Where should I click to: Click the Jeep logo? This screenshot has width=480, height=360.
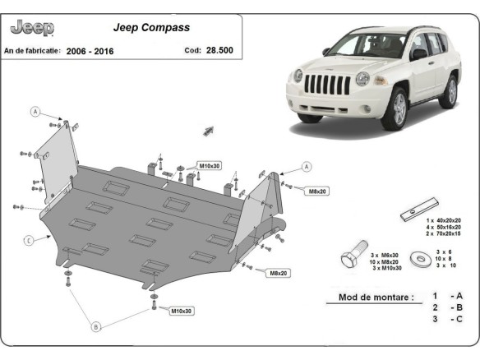point(32,28)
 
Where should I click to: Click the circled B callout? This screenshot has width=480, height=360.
point(95,326)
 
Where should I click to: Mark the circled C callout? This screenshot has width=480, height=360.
point(28,240)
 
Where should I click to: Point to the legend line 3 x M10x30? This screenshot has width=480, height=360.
point(386,268)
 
